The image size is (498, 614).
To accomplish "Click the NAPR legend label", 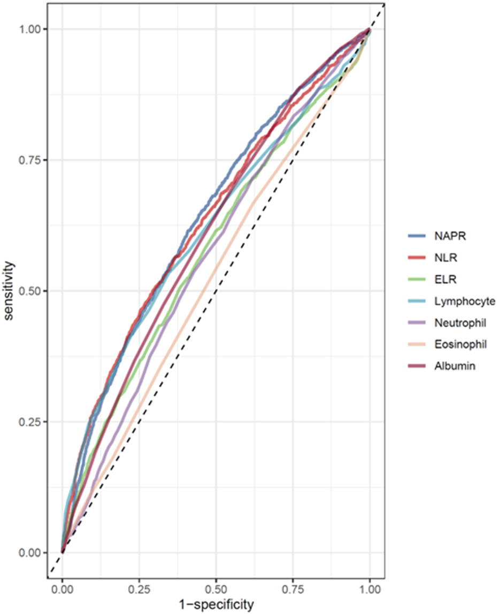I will [x=446, y=236].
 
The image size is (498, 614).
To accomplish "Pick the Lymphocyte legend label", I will [x=461, y=301].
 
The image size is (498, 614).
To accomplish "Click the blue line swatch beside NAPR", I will [x=416, y=236].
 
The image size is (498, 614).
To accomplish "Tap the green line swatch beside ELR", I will [x=416, y=279].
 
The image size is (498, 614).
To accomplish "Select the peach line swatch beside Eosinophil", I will [x=416, y=344].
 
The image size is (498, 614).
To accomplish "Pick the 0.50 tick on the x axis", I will [x=216, y=589].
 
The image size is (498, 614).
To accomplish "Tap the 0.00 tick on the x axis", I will [x=63, y=589].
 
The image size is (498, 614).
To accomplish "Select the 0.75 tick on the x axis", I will [x=293, y=589].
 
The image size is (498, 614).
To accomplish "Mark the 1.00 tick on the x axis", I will [x=370, y=589].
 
